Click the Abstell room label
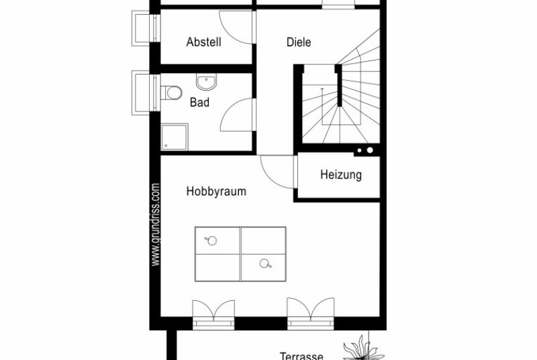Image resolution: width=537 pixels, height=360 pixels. coord(204,42)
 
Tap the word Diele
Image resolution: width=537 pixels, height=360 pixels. coord(299,42)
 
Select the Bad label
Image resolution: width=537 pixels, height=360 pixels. coord(199,102)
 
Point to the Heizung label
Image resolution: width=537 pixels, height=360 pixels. coord(341,175)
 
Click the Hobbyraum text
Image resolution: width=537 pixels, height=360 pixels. coord(216,191)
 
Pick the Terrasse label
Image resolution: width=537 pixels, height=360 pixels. coord(301,356)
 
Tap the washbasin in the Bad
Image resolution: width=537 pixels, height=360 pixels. coord(206,82)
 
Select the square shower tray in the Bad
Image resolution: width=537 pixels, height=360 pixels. coord(175,136)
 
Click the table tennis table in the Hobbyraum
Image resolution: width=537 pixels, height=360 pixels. coord(240,254)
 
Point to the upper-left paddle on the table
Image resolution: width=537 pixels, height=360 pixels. coord(211,240)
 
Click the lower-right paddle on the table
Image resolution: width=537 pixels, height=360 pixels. coord(265,263)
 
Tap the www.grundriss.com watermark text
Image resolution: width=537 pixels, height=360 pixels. coord(155,225)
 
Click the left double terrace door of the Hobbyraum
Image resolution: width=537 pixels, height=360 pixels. coord(213,314)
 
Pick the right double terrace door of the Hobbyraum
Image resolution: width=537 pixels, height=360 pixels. coord(311,313)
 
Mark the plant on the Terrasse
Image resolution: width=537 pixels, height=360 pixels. coord(363,349)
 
